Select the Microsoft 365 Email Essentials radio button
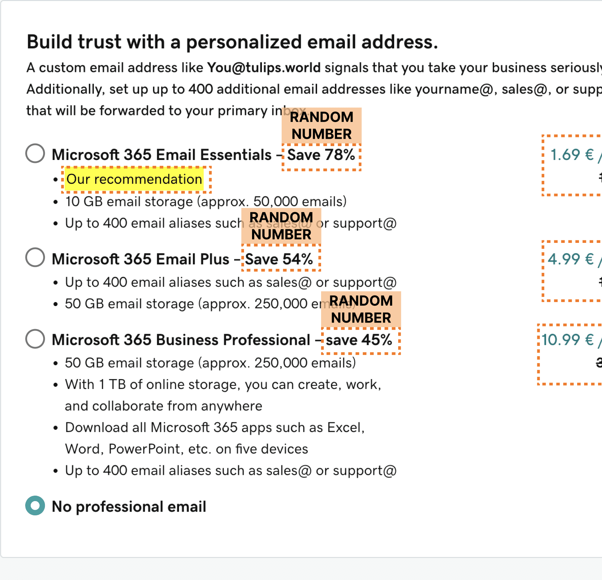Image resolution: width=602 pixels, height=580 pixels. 35,153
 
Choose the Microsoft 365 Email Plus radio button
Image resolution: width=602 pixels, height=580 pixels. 35,257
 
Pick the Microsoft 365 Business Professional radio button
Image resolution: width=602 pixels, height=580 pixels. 35,339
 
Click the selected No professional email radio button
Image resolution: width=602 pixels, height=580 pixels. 35,505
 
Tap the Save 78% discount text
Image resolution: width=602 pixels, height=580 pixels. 321,155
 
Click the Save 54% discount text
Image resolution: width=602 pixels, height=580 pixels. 279,259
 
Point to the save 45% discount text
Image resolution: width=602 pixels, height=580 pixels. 359,340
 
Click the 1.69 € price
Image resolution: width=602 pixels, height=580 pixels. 572,155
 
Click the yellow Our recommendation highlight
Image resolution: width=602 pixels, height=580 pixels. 134,179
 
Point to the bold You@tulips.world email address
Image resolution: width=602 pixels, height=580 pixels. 264,68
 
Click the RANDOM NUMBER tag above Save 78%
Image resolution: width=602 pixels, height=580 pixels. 321,126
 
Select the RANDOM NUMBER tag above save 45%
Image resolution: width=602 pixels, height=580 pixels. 361,309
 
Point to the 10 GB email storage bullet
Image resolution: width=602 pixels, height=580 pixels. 206,202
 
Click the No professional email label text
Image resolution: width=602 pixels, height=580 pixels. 129,507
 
